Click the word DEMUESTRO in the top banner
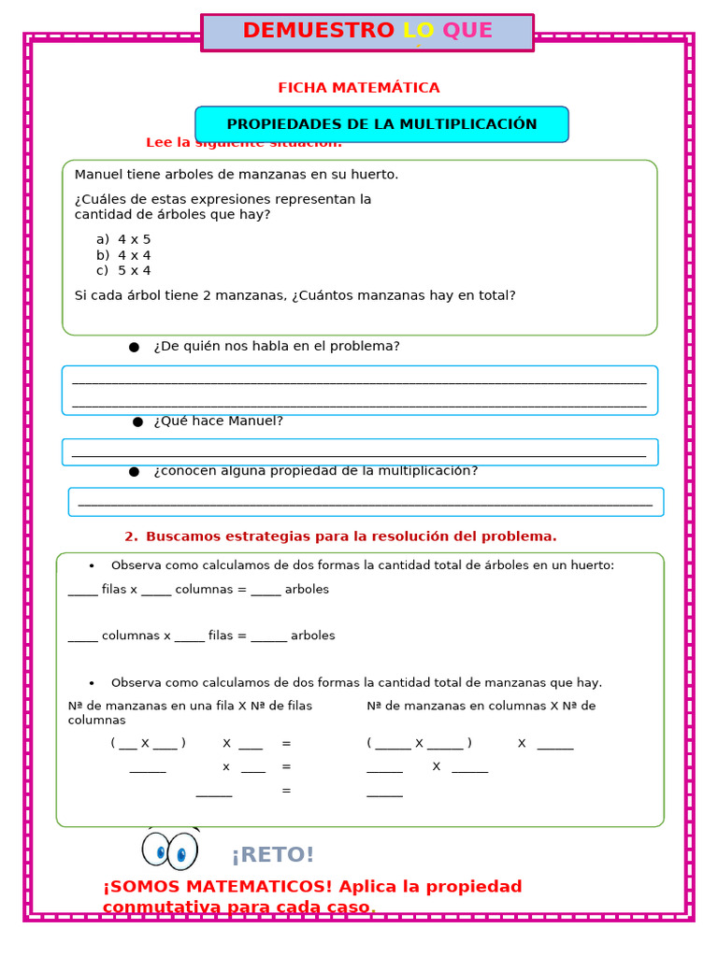[318, 31]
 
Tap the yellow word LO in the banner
[418, 31]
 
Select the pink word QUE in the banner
[467, 31]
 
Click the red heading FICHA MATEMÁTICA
[358, 88]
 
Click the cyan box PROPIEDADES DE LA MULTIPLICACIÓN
[381, 124]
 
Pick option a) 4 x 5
[123, 239]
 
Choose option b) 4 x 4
[123, 255]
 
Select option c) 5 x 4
[123, 271]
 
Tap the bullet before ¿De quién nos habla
[134, 347]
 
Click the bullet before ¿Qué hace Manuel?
[137, 421]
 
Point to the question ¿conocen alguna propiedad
[316, 471]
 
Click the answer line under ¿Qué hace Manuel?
[359, 455]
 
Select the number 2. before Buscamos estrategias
[131, 536]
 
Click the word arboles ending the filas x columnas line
[307, 590]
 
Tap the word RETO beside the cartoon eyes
[273, 855]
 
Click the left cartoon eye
[156, 850]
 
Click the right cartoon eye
[182, 851]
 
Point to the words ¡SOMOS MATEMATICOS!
[217, 886]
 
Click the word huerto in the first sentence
[374, 174]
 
